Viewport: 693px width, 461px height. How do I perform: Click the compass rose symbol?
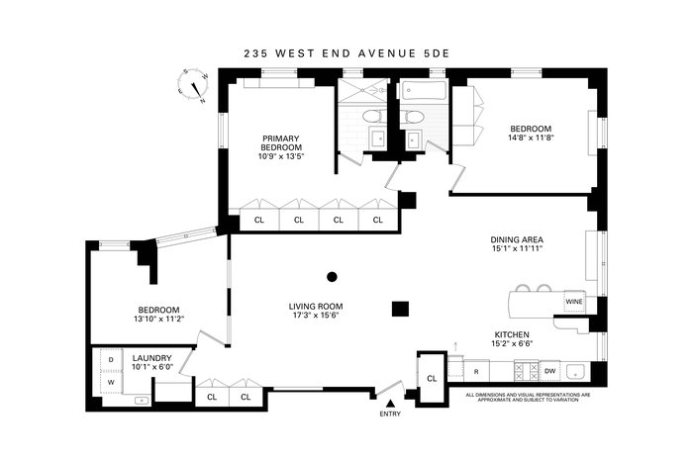click(193, 86)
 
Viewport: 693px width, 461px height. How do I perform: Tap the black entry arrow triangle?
click(390, 404)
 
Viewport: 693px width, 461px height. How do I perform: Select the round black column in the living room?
click(332, 277)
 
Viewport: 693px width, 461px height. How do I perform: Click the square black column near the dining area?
click(400, 309)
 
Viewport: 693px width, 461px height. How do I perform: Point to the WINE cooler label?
click(574, 302)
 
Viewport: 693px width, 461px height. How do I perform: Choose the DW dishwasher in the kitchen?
click(549, 371)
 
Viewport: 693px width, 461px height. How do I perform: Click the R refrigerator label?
click(476, 372)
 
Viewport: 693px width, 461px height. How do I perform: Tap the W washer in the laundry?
click(111, 383)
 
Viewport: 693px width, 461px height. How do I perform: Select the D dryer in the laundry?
click(111, 360)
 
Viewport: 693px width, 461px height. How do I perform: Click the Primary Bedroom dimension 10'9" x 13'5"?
click(281, 156)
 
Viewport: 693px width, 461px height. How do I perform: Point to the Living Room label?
click(316, 307)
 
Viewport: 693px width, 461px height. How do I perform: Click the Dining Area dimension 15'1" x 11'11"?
click(517, 248)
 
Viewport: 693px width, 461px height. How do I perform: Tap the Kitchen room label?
click(512, 334)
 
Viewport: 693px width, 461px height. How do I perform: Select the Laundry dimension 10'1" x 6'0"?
click(152, 366)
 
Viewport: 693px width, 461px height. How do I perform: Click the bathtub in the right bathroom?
click(424, 92)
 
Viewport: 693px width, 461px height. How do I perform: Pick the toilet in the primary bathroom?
click(371, 117)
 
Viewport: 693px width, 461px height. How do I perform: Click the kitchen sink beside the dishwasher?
click(575, 371)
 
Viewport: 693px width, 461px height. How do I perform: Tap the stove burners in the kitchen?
click(526, 371)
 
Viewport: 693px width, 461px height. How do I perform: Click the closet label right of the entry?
click(432, 379)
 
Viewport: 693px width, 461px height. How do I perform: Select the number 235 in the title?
click(254, 53)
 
